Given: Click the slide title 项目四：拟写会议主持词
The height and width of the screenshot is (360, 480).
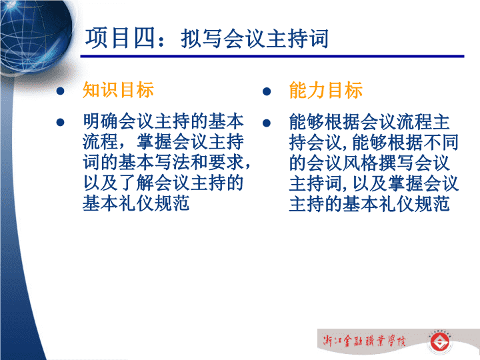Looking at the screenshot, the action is (207, 38).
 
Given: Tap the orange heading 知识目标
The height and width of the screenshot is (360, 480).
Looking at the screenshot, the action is (118, 90).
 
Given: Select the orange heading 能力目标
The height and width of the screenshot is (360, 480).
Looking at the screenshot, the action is (326, 90).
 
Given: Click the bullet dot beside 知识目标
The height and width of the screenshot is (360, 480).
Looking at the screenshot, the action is (60, 91).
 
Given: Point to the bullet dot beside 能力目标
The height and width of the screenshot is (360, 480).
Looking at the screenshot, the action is (267, 91).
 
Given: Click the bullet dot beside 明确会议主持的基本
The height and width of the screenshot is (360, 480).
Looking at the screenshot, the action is (60, 123).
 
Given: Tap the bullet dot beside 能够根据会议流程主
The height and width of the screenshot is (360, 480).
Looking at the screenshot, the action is (267, 123).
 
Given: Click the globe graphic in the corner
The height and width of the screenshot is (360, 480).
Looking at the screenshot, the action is (36, 35).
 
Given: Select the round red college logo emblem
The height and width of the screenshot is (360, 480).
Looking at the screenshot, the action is (439, 342).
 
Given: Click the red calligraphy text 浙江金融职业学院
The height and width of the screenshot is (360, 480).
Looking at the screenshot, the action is (364, 341).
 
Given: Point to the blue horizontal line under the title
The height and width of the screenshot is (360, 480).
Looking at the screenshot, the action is (272, 56).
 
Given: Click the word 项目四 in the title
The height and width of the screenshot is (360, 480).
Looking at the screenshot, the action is (120, 38).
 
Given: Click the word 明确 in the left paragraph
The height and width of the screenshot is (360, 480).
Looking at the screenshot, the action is (100, 121).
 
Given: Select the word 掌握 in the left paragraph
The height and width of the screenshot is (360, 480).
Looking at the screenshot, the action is (154, 142).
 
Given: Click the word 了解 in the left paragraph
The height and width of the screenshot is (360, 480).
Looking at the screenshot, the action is (136, 183).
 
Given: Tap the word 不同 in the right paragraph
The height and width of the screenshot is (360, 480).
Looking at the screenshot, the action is (441, 143).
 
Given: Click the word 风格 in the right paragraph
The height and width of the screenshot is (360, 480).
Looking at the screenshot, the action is (361, 163).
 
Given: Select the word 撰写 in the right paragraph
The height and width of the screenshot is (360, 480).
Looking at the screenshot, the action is (397, 163).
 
